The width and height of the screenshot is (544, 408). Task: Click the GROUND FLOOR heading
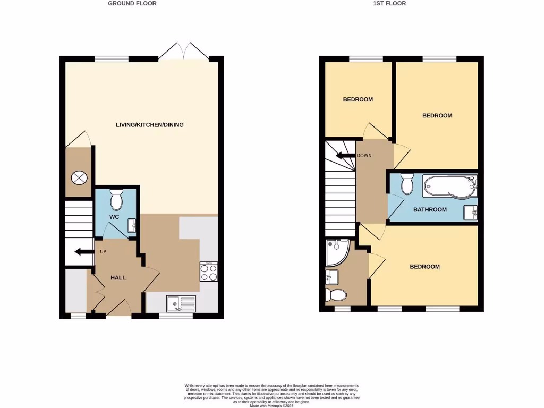132,3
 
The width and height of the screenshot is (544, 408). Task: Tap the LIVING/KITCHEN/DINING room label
150,125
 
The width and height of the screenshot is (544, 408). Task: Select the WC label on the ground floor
115,217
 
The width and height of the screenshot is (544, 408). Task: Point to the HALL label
118,277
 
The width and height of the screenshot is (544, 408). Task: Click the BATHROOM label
430,210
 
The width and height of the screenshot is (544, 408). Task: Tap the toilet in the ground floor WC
116,200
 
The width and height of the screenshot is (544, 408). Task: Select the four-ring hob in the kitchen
208,272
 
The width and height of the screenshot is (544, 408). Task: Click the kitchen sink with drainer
181,303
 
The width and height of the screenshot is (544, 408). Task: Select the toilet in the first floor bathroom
407,185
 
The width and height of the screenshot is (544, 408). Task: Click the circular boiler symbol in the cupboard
79,178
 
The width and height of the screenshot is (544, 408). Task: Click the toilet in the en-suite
336,294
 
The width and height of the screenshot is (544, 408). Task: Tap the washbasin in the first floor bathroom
471,212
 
